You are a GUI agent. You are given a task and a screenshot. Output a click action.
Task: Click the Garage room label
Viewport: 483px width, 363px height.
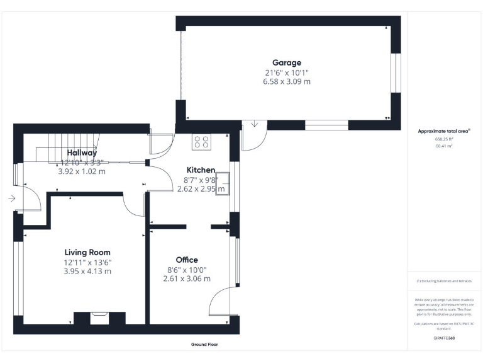286,62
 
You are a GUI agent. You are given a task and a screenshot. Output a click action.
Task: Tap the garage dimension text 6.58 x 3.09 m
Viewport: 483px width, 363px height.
286,81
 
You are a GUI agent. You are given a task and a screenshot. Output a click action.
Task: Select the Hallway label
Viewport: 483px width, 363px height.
82,153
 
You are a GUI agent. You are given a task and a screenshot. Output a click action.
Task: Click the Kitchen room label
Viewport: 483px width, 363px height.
201,170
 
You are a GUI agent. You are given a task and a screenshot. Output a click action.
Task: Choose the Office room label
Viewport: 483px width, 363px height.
187,260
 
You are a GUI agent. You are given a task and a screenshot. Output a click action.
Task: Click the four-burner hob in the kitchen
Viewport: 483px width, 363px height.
202,142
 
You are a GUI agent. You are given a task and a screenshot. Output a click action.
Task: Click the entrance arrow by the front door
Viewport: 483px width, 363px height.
12,198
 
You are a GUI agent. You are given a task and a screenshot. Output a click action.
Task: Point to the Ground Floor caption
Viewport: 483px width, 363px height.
204,345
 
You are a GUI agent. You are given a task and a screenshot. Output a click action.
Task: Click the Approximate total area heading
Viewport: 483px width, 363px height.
444,131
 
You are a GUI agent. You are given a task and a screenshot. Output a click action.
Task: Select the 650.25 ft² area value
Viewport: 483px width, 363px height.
444,139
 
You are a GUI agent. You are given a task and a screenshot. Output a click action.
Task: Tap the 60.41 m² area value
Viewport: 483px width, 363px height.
444,146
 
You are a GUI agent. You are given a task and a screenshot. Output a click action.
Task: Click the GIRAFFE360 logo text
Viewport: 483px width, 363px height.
444,338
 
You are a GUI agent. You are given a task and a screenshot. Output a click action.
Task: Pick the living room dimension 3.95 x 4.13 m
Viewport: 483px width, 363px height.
87,271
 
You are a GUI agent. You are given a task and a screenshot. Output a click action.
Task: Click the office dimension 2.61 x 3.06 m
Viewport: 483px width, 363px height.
184,279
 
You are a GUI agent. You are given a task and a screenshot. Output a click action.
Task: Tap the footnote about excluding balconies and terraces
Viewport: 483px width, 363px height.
444,281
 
